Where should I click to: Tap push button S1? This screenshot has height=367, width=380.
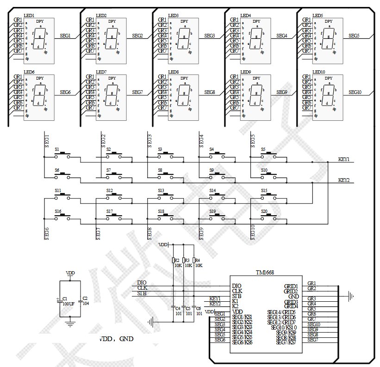pyautogui.click(x=62, y=156)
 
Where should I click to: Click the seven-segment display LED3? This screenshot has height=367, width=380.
pyautogui.click(x=184, y=41)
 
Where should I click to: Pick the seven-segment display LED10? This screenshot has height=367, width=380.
pyautogui.click(x=328, y=98)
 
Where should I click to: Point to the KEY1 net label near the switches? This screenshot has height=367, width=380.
pyautogui.click(x=344, y=159)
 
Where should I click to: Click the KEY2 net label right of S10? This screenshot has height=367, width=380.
pyautogui.click(x=344, y=180)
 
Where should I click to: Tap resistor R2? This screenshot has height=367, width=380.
pyautogui.click(x=173, y=261)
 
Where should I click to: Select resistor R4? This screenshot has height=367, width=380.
pyautogui.click(x=194, y=261)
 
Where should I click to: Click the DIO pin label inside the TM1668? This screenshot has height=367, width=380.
pyautogui.click(x=237, y=286)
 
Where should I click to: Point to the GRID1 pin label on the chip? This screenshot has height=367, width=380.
pyautogui.click(x=291, y=286)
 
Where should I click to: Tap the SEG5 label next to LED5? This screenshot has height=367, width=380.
pyautogui.click(x=354, y=36)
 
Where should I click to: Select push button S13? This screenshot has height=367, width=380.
pyautogui.click(x=166, y=196)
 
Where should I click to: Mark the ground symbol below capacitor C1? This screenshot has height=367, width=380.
pyautogui.click(x=70, y=324)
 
